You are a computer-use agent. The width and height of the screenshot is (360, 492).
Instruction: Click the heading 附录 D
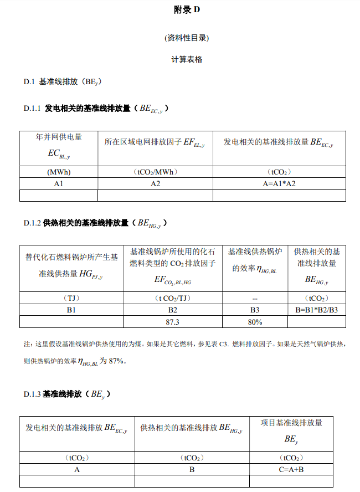(x=187, y=11)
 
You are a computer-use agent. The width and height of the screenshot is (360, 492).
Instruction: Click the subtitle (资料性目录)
(x=187, y=38)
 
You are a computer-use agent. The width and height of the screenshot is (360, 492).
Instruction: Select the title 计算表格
(x=187, y=59)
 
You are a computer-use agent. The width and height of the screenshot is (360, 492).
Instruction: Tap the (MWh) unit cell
(x=59, y=172)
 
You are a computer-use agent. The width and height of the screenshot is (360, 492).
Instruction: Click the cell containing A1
(x=59, y=184)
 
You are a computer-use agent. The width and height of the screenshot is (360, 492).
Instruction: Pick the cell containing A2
(x=155, y=184)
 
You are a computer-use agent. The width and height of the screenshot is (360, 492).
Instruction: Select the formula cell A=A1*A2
(x=279, y=184)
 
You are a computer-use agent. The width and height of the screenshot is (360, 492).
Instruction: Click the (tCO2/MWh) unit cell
(x=155, y=172)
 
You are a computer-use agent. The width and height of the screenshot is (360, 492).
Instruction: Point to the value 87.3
(x=172, y=322)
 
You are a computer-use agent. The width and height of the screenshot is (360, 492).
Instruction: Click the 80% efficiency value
(x=255, y=322)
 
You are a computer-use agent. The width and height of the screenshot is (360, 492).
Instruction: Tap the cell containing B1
(x=71, y=310)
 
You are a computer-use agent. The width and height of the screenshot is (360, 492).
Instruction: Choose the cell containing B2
(x=172, y=310)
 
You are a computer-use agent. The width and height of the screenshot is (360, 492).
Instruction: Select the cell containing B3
(x=255, y=310)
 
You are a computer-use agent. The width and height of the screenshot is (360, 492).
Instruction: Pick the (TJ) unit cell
(x=71, y=298)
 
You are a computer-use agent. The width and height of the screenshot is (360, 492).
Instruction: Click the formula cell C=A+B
(x=291, y=469)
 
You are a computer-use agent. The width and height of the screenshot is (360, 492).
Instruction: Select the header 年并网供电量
(x=59, y=137)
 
